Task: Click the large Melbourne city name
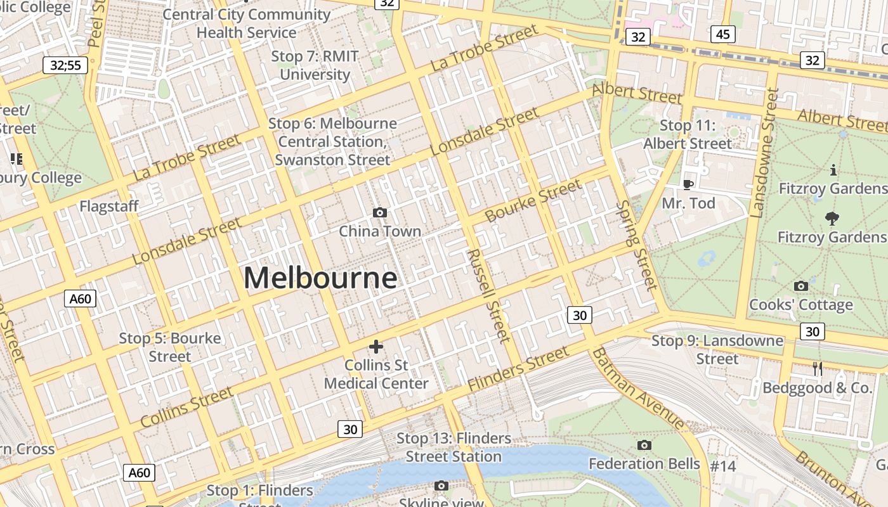click(x=320, y=278)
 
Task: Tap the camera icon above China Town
click(x=380, y=212)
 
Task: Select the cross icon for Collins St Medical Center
click(x=376, y=346)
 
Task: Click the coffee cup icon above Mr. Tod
click(x=688, y=184)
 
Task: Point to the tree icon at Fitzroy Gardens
click(x=832, y=219)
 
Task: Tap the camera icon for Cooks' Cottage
click(x=801, y=286)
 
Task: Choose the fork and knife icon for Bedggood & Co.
click(x=818, y=368)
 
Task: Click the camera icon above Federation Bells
click(x=644, y=445)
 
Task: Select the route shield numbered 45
click(x=722, y=34)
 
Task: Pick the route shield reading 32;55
click(x=65, y=65)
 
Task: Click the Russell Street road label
click(x=488, y=295)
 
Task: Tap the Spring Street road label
click(x=637, y=245)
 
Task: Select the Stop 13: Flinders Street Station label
click(x=454, y=447)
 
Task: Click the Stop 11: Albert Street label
click(x=688, y=134)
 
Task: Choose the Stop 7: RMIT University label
click(x=315, y=65)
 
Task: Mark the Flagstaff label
click(x=108, y=207)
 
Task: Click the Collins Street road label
click(x=186, y=407)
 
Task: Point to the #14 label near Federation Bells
click(x=722, y=466)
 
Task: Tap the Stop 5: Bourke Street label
click(x=170, y=347)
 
